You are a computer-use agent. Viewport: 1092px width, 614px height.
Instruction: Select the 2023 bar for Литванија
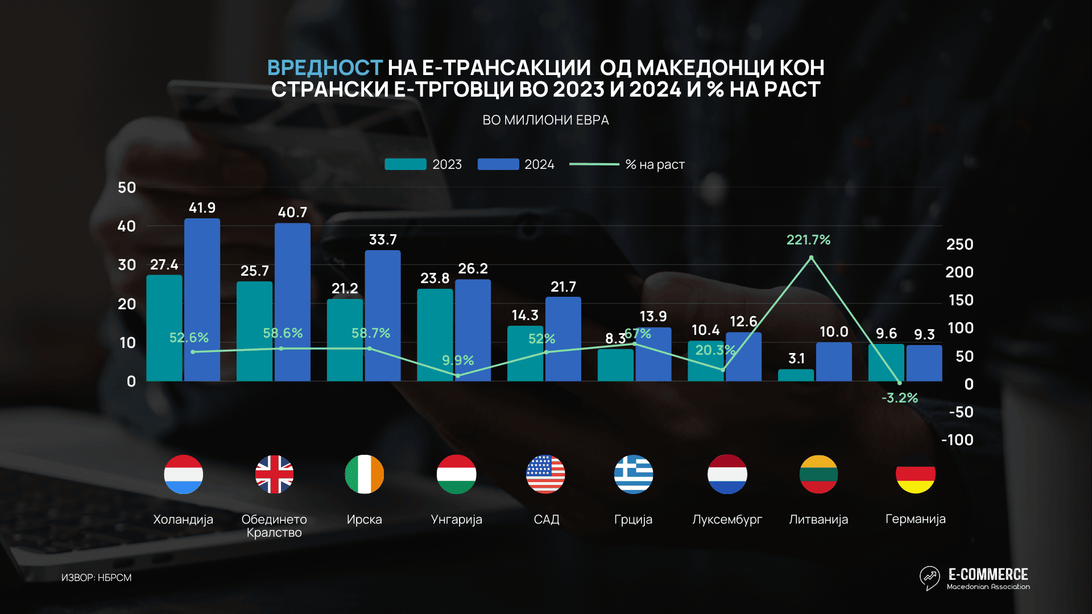tap(796, 375)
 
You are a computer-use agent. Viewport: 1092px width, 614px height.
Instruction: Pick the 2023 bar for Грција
tap(615, 365)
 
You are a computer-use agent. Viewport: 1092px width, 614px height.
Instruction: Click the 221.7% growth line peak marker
tap(811, 258)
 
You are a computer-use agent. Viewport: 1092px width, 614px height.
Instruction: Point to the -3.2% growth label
tap(900, 398)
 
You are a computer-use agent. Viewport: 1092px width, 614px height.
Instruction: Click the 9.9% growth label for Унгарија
tap(458, 360)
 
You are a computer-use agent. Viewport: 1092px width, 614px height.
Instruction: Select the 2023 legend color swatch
tap(405, 164)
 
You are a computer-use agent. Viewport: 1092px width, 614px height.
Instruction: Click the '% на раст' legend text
tap(655, 165)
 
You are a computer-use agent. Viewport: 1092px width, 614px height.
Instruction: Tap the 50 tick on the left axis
tap(127, 188)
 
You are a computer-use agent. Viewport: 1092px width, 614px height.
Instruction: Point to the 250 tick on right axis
tap(959, 244)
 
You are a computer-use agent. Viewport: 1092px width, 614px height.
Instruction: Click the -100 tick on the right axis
tap(958, 440)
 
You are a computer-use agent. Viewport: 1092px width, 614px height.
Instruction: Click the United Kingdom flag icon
tap(274, 474)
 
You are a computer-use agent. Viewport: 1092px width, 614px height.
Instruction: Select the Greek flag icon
tap(633, 474)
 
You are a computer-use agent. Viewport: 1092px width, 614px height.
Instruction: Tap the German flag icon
tap(915, 474)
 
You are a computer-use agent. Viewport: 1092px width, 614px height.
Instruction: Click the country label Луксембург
tap(727, 520)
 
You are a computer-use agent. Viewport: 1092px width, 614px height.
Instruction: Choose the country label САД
tap(546, 520)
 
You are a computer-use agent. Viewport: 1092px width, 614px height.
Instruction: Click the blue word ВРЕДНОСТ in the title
tap(324, 68)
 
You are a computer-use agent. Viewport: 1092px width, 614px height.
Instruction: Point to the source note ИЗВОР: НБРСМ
tap(96, 578)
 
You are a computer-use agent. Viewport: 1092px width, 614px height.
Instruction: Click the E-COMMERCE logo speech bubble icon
tap(929, 578)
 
